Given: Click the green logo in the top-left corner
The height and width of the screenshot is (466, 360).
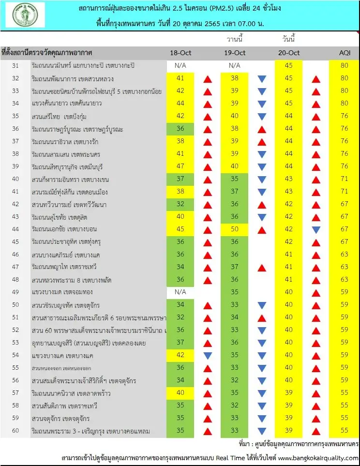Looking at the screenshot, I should point(25,15).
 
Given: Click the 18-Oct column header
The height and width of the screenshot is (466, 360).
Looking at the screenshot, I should point(180,53).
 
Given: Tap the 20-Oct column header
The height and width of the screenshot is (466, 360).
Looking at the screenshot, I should point(288,53).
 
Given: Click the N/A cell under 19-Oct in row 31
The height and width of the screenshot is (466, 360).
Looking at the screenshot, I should point(235,65).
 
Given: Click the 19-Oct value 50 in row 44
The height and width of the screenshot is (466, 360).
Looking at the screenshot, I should point(235,229).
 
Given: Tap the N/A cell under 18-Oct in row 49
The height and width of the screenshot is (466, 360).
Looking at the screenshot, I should point(180,292).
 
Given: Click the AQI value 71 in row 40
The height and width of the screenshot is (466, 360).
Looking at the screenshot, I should point(344,179).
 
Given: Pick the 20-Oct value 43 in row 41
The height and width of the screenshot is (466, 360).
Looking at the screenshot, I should point(288,192).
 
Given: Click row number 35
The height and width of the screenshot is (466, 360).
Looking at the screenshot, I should point(15,116).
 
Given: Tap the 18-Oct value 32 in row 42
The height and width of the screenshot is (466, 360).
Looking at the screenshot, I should point(180,204).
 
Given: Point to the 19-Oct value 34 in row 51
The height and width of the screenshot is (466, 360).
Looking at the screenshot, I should point(235,317).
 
